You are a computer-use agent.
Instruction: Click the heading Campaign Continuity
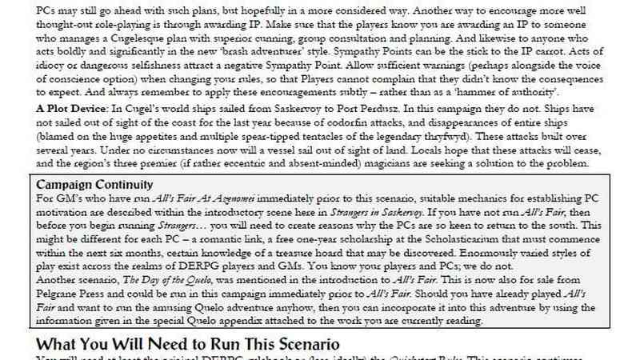pyautogui.click(x=90, y=185)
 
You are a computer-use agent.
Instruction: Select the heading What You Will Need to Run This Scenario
pyautogui.click(x=188, y=343)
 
